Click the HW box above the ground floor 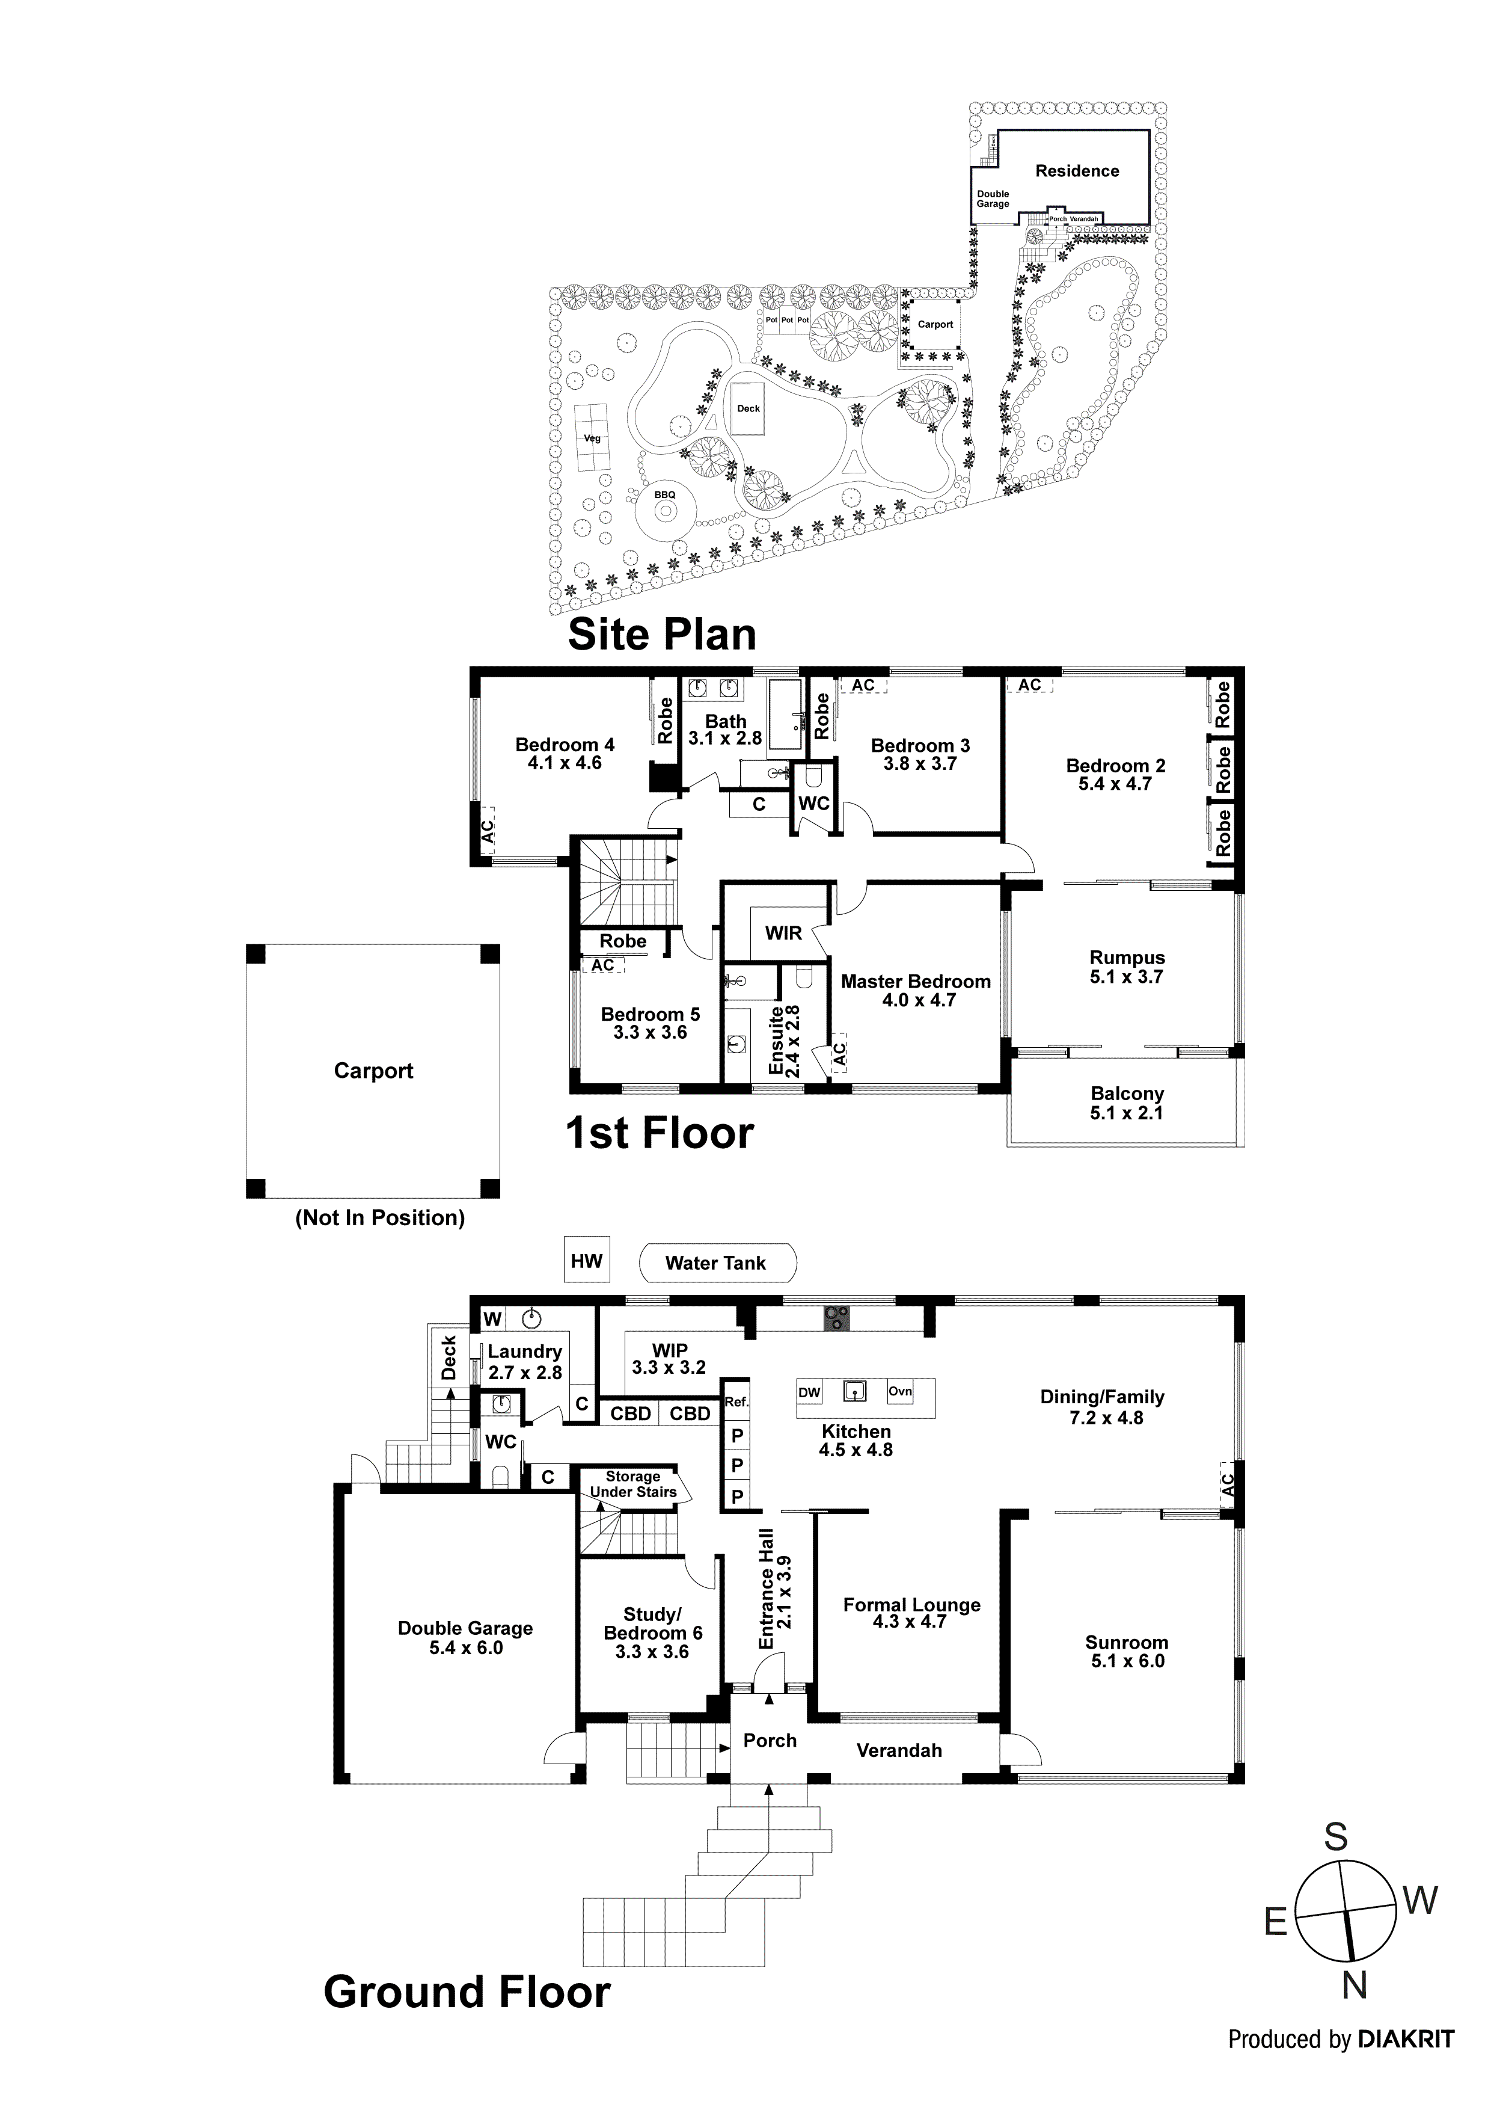point(586,1261)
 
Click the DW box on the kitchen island point(809,1392)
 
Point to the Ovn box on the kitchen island point(900,1391)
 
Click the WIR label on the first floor point(783,933)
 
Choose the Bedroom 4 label point(564,745)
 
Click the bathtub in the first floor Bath point(785,716)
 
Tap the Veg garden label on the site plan point(593,438)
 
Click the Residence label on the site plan point(1077,171)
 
